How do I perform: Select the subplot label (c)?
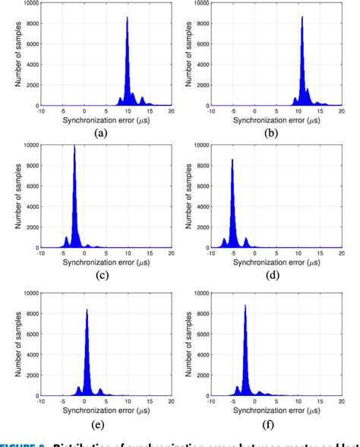pos(100,275)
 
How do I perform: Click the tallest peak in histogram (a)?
pos(127,18)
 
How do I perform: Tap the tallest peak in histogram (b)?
pos(302,17)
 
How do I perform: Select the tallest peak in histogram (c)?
pos(74,147)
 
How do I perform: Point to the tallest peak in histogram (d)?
pos(232,160)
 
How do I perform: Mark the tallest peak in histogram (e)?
pos(87,309)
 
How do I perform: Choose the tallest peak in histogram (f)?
pos(245,306)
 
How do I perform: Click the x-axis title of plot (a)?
pos(106,119)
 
